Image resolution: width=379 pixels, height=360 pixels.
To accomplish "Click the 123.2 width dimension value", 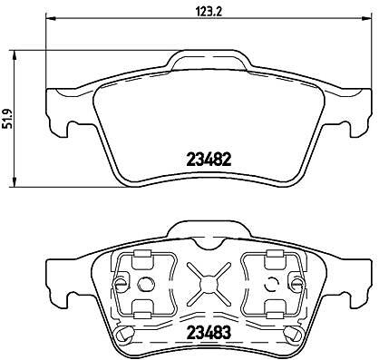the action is (209, 12).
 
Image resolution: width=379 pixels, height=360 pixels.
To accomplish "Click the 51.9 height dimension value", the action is (8, 119).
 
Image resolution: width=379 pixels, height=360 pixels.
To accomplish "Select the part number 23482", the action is (209, 160).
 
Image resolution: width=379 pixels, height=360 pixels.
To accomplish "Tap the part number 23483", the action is (209, 332).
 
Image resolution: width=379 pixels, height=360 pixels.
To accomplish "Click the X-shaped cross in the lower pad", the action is (208, 283).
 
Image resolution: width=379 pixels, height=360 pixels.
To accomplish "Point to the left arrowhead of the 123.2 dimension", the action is (51, 19).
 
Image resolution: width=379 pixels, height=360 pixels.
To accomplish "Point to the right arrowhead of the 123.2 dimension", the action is (365, 19).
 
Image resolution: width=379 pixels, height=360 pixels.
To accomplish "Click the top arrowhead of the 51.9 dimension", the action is (14, 55).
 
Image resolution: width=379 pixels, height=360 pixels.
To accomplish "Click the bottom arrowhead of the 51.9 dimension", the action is (14, 181).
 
